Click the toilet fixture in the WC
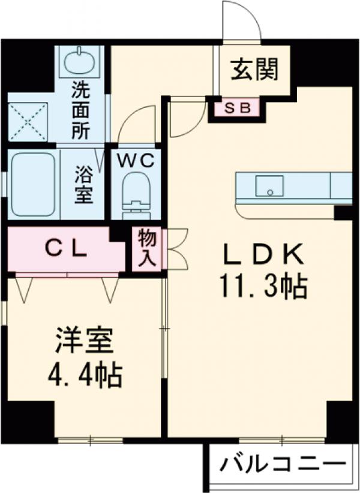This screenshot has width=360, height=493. coord(136,192)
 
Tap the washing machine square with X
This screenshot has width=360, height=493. coord(28,121)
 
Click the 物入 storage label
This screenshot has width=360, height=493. coord(148,248)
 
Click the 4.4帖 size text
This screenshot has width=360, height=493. coord(85,377)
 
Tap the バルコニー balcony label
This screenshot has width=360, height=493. coord(281,464)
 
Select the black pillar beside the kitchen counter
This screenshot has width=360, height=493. coord(343,212)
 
